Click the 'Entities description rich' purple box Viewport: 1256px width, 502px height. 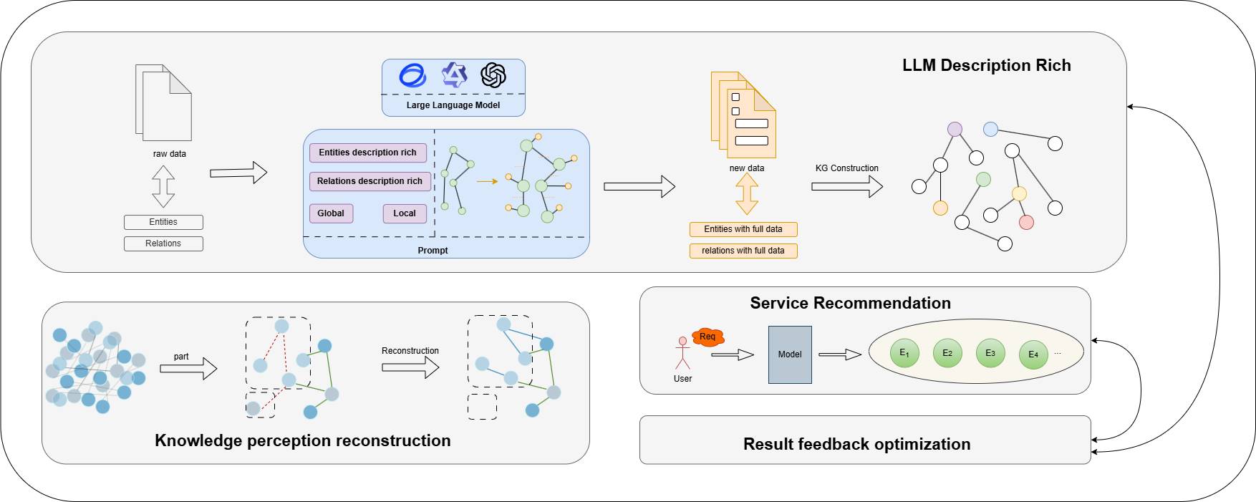(x=368, y=153)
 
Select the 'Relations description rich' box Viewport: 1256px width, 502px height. (x=370, y=181)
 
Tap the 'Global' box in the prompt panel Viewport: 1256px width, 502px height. (x=331, y=213)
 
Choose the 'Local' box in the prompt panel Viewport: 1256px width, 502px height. (x=405, y=213)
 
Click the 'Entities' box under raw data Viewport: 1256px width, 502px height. (x=163, y=222)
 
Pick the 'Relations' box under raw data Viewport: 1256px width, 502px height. (x=163, y=243)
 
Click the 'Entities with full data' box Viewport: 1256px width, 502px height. (x=743, y=229)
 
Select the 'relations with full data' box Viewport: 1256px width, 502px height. (x=743, y=251)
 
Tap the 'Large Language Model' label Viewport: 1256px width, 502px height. (x=453, y=105)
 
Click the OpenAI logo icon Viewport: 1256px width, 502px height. (x=493, y=74)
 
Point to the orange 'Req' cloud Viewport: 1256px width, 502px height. (x=708, y=337)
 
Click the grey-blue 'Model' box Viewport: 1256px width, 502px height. (x=790, y=354)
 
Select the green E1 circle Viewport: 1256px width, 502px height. (x=904, y=353)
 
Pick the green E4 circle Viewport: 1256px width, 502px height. (x=1033, y=354)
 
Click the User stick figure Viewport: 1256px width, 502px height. (x=682, y=353)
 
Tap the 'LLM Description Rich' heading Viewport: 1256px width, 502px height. (x=986, y=65)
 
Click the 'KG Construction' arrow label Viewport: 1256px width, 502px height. (x=846, y=168)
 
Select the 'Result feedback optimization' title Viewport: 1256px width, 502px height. (x=856, y=444)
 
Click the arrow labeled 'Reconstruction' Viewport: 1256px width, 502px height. (x=410, y=367)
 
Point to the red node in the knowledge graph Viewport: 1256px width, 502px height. (x=1026, y=222)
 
